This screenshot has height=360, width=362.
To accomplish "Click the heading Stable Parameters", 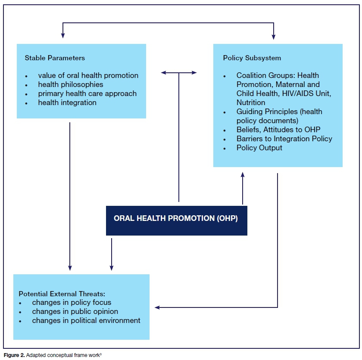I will pos(55,58).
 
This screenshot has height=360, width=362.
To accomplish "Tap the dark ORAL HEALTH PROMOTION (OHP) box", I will pos(176,218).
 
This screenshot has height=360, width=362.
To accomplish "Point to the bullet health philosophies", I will pos(71,84).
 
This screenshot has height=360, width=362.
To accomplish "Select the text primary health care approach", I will pos(87,93).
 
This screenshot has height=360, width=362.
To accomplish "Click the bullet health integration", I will pos(67,102).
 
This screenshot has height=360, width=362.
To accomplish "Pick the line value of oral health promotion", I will pos(88,75).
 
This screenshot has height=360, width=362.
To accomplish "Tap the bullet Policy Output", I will pos(259,148).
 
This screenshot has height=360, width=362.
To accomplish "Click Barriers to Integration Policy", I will pos(284,139).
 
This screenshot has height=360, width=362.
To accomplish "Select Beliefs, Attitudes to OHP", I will pos(278,130).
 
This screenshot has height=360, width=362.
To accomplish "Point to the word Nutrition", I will pos(251,102).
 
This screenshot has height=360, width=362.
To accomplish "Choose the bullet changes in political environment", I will pos(86,320).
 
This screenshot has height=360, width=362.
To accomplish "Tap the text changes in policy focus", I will pos(72,302).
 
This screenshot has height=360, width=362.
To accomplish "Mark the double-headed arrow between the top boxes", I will pos(179,73).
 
